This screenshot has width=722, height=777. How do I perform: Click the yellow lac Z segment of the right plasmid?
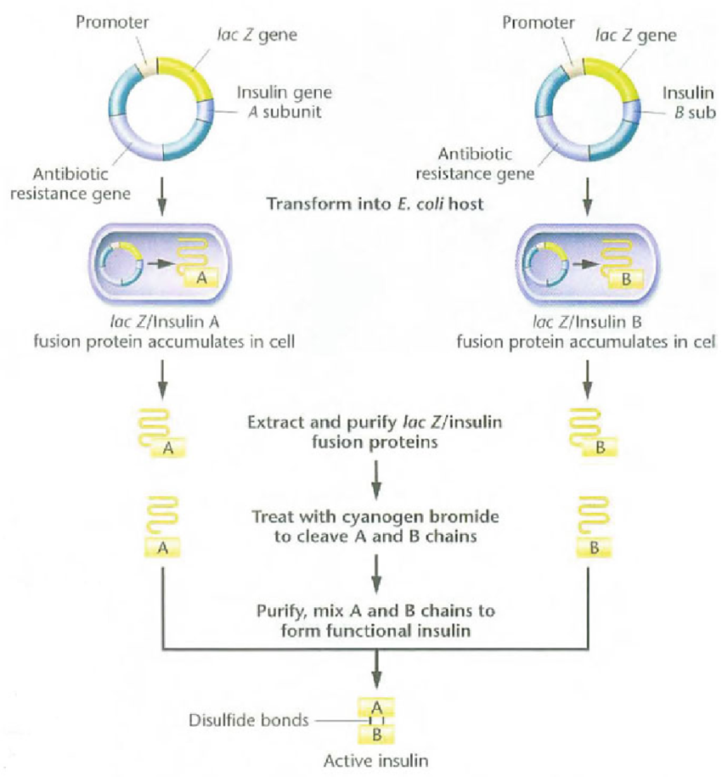pyautogui.click(x=618, y=76)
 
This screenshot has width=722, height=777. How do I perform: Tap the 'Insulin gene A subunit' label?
pyautogui.click(x=284, y=102)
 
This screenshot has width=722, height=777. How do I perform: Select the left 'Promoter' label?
pyautogui.click(x=112, y=22)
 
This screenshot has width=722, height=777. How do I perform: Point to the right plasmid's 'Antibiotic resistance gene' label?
pyautogui.click(x=475, y=164)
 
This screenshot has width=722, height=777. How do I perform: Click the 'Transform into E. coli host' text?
pyautogui.click(x=375, y=204)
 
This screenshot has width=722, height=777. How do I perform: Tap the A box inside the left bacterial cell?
pyautogui.click(x=201, y=279)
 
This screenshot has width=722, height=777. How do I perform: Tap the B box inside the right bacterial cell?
pyautogui.click(x=626, y=279)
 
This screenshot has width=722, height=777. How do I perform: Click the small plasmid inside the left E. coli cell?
pyautogui.click(x=122, y=264)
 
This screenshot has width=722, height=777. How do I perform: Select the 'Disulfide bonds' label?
pyautogui.click(x=249, y=720)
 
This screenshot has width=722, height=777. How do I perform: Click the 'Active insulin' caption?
pyautogui.click(x=376, y=761)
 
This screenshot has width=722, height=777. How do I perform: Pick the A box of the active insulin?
pyautogui.click(x=376, y=707)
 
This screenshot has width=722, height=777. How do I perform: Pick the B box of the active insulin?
pyautogui.click(x=376, y=735)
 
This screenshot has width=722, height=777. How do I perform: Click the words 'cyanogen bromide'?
pyautogui.click(x=420, y=517)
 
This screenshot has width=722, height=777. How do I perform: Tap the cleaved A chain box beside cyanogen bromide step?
pyautogui.click(x=162, y=548)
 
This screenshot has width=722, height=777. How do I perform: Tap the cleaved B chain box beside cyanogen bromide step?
pyautogui.click(x=594, y=548)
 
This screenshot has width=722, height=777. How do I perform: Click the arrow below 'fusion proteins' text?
pyautogui.click(x=376, y=480)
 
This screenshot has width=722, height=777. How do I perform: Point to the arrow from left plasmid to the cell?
pyautogui.click(x=163, y=197)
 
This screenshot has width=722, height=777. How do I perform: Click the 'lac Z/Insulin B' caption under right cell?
pyautogui.click(x=587, y=322)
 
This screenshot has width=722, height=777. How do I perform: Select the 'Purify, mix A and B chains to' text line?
pyautogui.click(x=375, y=611)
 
